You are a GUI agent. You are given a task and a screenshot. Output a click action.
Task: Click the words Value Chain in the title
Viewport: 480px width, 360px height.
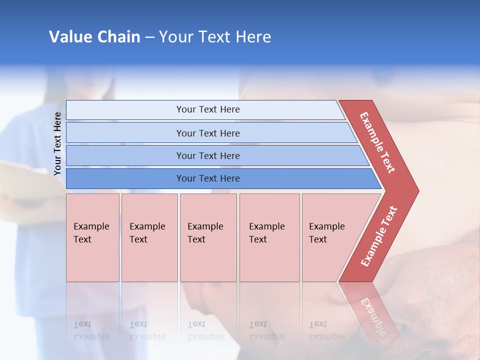tap(94, 37)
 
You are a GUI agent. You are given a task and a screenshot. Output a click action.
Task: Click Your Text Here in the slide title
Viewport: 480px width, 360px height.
tap(215, 37)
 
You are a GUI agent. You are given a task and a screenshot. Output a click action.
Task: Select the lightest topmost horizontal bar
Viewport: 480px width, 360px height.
tap(205, 109)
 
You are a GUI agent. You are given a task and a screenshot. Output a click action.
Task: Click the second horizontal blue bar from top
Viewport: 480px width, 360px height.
tap(210, 133)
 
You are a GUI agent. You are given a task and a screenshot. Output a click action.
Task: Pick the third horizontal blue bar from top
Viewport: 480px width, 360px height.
tap(215, 155)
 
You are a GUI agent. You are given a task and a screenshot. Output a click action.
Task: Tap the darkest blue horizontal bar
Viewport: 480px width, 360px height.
tap(220, 178)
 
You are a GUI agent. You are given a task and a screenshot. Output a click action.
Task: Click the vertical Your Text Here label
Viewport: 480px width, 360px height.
tap(57, 143)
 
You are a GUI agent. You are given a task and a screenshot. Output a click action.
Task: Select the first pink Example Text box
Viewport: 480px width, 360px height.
tap(92, 237)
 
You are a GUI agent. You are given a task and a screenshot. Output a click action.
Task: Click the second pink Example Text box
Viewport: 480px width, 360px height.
tap(149, 237)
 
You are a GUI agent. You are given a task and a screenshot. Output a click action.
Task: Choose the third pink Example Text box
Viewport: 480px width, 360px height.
tap(208, 237)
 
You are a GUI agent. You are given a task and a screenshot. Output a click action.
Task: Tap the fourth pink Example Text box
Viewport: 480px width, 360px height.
tap(269, 237)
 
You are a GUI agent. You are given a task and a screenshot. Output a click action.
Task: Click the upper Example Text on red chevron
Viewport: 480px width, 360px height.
tap(377, 142)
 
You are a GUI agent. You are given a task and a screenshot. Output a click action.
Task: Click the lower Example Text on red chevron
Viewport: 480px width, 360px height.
tap(379, 236)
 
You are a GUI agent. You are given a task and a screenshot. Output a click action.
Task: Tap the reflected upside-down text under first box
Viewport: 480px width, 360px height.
tap(91, 331)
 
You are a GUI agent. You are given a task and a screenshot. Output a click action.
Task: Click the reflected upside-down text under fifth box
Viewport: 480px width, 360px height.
tap(326, 331)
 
